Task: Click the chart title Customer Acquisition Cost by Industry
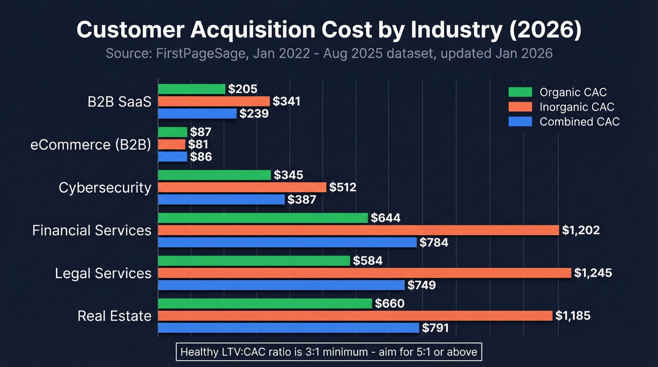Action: coord(329,31)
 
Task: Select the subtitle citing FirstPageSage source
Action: coord(329,53)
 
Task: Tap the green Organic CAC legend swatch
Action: coord(520,92)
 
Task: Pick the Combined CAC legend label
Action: coord(580,122)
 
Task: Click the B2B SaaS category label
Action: coord(119,102)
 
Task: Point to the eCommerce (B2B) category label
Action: coord(91,145)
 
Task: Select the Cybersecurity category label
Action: coord(105,187)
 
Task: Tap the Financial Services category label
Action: coord(92,230)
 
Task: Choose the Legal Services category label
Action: coord(103,273)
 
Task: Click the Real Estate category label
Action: coord(114,316)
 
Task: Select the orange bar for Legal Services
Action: coord(365,273)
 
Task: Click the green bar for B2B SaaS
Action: coord(192,89)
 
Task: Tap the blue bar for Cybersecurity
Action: coord(221,200)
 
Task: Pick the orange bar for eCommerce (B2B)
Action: coord(172,144)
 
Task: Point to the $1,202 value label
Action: coord(581,230)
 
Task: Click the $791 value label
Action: coord(435,328)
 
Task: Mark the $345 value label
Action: coord(289,175)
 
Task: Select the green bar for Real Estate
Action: coord(265,304)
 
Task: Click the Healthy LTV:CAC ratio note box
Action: coord(329,351)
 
